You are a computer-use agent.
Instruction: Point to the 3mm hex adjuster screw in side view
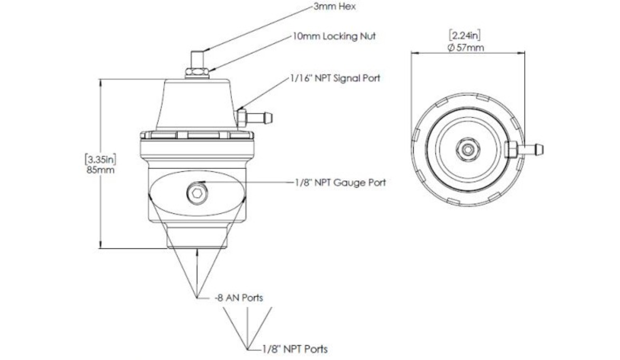(x=195, y=59)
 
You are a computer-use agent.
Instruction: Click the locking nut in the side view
(x=196, y=73)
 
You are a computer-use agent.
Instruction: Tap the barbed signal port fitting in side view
(x=260, y=115)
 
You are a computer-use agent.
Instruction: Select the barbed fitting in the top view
(x=532, y=150)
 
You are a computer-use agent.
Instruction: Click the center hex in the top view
(x=468, y=149)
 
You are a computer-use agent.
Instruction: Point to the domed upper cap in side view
(x=196, y=102)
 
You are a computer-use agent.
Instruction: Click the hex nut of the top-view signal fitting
(x=512, y=150)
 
